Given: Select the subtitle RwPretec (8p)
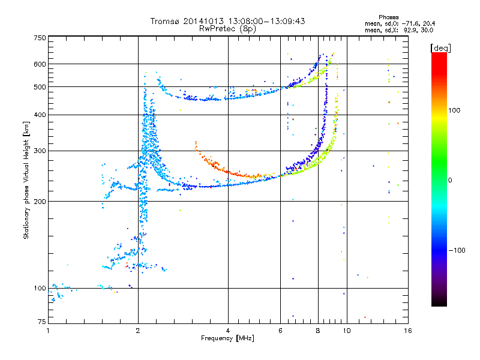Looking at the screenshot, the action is point(227,29).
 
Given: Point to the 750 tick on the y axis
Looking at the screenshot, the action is point(40,38).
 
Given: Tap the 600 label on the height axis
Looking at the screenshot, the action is point(40,64).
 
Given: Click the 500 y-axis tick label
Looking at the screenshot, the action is point(40,87).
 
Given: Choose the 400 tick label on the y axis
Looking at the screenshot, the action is point(40,115).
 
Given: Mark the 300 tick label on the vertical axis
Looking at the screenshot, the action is point(40,151).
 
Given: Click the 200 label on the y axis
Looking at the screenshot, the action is point(40,202).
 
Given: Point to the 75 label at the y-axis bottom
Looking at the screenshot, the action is point(42,322).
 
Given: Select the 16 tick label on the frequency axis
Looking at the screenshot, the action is point(408,331).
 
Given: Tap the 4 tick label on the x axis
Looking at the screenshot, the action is point(228,331).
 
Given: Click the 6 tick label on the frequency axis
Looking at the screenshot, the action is point(280,331).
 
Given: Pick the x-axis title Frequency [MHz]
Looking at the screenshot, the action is point(227,338).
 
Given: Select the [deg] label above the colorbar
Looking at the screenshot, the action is point(441,48).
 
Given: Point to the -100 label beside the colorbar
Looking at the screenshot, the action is point(457,250).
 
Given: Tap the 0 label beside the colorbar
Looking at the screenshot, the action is point(450,181).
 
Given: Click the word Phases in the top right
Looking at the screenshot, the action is point(389,17).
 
